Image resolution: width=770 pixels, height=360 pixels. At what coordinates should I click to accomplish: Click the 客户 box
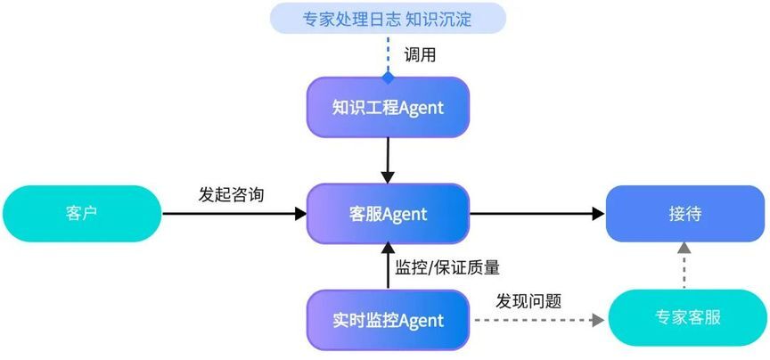click(82, 214)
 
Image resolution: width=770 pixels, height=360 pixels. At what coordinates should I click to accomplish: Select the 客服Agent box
click(388, 214)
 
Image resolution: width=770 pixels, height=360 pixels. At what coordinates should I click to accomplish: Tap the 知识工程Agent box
click(388, 107)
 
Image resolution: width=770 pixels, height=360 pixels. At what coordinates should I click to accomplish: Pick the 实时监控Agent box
click(388, 320)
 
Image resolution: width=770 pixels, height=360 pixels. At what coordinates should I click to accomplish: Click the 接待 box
click(685, 214)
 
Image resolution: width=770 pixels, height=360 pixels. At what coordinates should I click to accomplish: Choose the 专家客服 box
click(687, 317)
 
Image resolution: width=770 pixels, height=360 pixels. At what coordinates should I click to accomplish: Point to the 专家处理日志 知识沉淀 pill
click(388, 18)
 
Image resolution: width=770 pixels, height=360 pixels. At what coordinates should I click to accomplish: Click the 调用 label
click(420, 54)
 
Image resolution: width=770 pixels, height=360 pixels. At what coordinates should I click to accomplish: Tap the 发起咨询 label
click(232, 194)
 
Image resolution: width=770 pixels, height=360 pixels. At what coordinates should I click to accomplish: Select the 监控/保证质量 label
click(447, 267)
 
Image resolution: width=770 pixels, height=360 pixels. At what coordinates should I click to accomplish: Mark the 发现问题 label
click(528, 301)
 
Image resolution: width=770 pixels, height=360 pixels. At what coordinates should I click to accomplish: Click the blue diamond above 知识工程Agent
click(388, 78)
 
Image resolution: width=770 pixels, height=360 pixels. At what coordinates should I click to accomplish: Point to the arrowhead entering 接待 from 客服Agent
click(598, 214)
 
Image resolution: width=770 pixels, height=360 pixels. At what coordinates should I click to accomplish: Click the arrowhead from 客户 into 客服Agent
click(300, 214)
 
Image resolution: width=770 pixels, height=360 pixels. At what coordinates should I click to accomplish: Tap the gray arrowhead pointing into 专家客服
click(598, 320)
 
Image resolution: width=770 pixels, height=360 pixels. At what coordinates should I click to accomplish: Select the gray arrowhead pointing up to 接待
click(684, 248)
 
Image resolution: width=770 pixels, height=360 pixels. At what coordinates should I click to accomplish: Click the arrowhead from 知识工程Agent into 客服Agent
click(388, 177)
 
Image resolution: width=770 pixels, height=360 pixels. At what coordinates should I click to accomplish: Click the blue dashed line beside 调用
click(388, 53)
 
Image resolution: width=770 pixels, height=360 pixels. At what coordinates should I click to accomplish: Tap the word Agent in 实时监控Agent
click(421, 321)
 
